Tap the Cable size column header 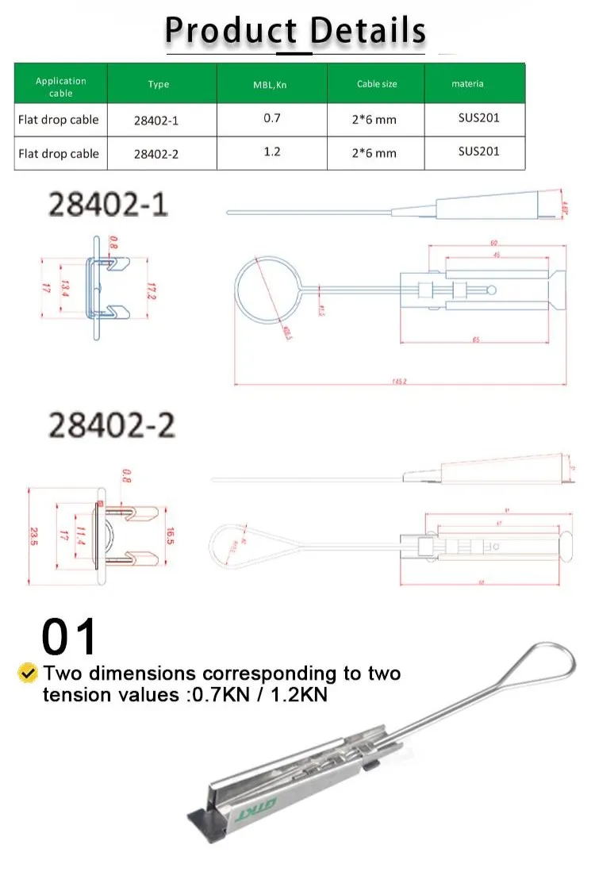click(x=376, y=84)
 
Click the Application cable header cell click(x=60, y=86)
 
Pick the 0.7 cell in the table click(x=271, y=118)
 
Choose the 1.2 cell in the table click(x=271, y=152)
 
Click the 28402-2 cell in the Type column click(x=155, y=153)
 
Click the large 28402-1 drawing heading click(x=109, y=205)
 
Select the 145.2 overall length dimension click(x=398, y=382)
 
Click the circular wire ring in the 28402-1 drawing click(x=266, y=292)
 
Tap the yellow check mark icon click(x=28, y=674)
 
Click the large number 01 click(x=69, y=636)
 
